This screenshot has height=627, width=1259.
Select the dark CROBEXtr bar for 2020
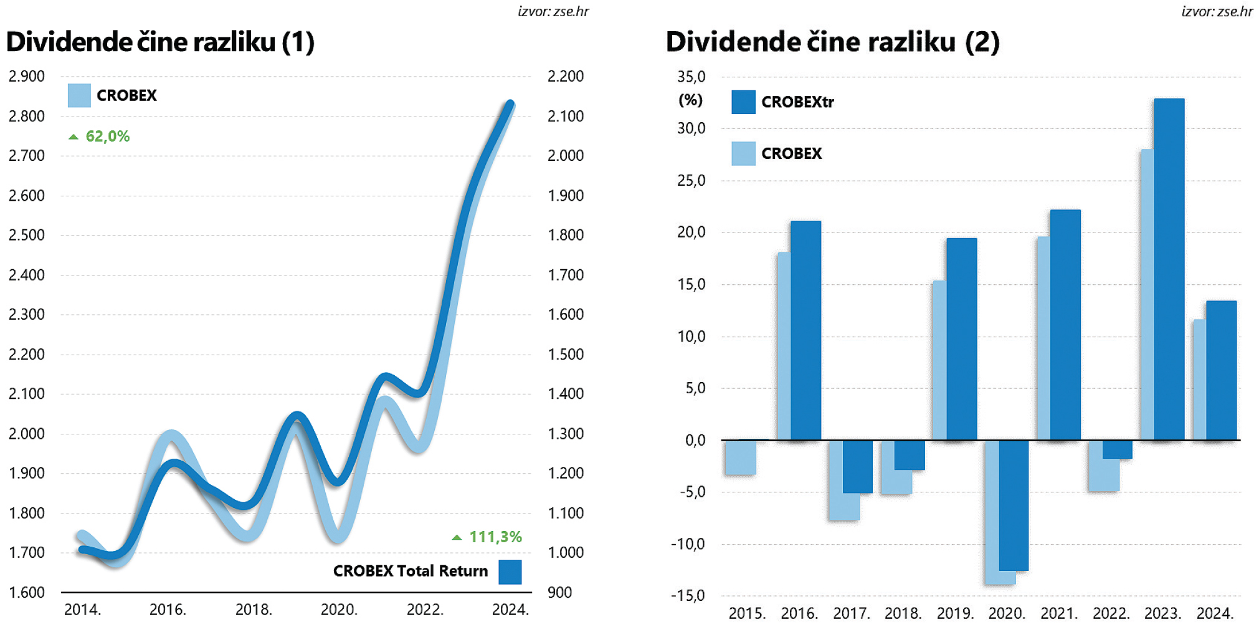(x=1014, y=505)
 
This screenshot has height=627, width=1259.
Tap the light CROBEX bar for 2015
(x=740, y=457)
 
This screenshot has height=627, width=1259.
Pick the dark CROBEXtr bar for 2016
(x=806, y=330)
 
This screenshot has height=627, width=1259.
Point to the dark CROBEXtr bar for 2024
(x=1222, y=370)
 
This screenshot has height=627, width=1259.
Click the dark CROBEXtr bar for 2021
(x=1065, y=324)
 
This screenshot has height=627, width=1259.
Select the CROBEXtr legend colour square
(x=743, y=102)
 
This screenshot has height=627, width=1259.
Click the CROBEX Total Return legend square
(x=510, y=572)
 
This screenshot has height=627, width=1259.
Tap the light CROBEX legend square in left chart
(x=79, y=95)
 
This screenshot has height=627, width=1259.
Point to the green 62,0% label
(x=107, y=136)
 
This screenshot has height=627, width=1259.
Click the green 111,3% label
(x=495, y=537)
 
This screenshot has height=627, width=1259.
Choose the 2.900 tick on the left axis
(x=27, y=77)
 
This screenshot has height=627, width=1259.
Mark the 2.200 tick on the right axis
(x=566, y=77)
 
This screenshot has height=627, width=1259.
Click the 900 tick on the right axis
(x=559, y=593)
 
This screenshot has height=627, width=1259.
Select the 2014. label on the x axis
(x=82, y=610)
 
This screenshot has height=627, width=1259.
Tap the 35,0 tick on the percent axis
(x=691, y=77)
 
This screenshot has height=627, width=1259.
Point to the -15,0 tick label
(x=688, y=596)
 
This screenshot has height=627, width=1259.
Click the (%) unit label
(x=690, y=100)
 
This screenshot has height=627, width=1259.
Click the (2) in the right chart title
(x=982, y=42)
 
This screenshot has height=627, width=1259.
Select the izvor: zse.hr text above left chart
(x=553, y=11)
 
